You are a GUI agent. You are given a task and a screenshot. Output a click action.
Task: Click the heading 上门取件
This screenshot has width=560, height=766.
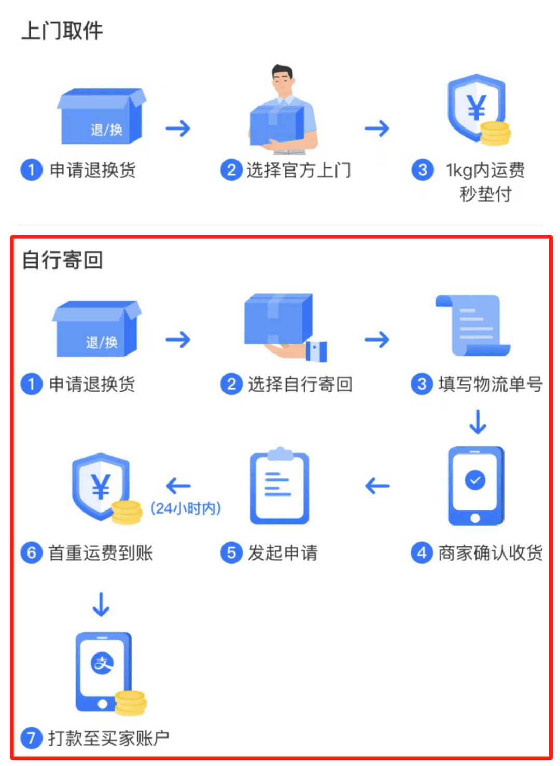[x=62, y=31]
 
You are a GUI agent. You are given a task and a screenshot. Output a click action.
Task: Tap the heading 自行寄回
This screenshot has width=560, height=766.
[x=62, y=260]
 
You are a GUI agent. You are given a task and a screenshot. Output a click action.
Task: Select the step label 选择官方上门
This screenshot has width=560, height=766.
[x=299, y=170]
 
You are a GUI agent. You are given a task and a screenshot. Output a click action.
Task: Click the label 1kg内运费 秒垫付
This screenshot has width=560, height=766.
[x=485, y=181]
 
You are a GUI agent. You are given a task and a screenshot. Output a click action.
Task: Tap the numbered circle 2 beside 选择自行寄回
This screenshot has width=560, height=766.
[x=232, y=384]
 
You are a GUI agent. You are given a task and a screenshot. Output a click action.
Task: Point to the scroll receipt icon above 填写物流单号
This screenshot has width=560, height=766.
[x=473, y=325]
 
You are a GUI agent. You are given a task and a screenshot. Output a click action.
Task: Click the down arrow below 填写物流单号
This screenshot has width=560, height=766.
[x=478, y=422]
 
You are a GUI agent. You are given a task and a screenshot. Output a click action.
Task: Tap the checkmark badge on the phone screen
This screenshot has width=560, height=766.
[x=475, y=480]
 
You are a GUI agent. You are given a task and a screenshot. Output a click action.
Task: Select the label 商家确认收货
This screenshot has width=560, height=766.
[x=491, y=553]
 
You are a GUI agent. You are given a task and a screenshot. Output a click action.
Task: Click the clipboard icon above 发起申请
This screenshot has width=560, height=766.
[x=279, y=485]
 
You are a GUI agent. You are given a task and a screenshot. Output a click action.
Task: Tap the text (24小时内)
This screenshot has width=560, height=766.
[x=186, y=508]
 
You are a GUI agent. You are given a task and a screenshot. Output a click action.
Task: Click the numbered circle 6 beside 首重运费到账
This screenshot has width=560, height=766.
[x=32, y=553]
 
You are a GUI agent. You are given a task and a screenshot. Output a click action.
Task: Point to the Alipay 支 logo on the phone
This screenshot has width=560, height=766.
[x=102, y=663]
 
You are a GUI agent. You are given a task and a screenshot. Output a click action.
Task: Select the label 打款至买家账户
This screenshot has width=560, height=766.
[x=109, y=738]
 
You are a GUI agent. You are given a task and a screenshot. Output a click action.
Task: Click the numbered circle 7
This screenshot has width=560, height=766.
[x=32, y=738]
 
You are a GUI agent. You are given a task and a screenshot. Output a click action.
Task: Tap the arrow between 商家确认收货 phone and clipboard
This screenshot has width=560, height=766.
[x=377, y=486]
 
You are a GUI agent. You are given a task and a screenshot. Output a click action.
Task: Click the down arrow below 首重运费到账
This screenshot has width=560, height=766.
[x=101, y=605]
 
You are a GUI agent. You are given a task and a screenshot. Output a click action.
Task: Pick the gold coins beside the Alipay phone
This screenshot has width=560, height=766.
[x=130, y=703]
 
